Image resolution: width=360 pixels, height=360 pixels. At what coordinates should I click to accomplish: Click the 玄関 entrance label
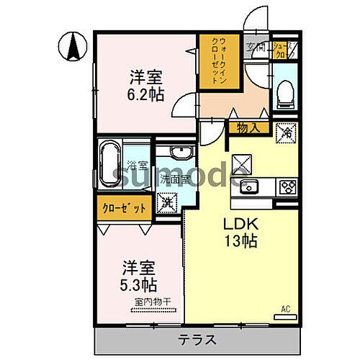tap(256, 48)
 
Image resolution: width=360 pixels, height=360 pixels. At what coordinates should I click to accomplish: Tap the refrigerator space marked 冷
tap(287, 132)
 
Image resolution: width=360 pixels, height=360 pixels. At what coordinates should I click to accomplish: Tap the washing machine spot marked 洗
tap(167, 203)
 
